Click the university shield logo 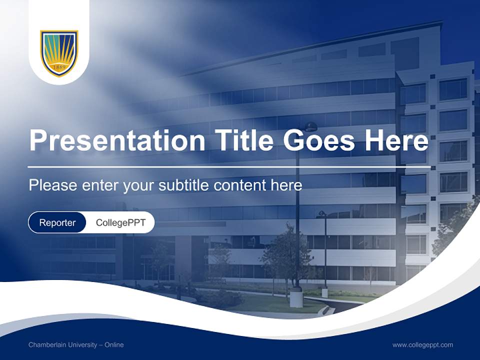tap(59, 53)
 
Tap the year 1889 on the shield tap(59, 66)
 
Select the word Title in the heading tap(242, 141)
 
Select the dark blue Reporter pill tap(57, 222)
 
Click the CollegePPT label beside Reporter tap(120, 222)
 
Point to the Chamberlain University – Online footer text tap(76, 345)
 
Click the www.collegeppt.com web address tap(422, 345)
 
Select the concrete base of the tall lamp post tap(296, 298)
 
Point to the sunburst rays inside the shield tap(59, 49)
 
